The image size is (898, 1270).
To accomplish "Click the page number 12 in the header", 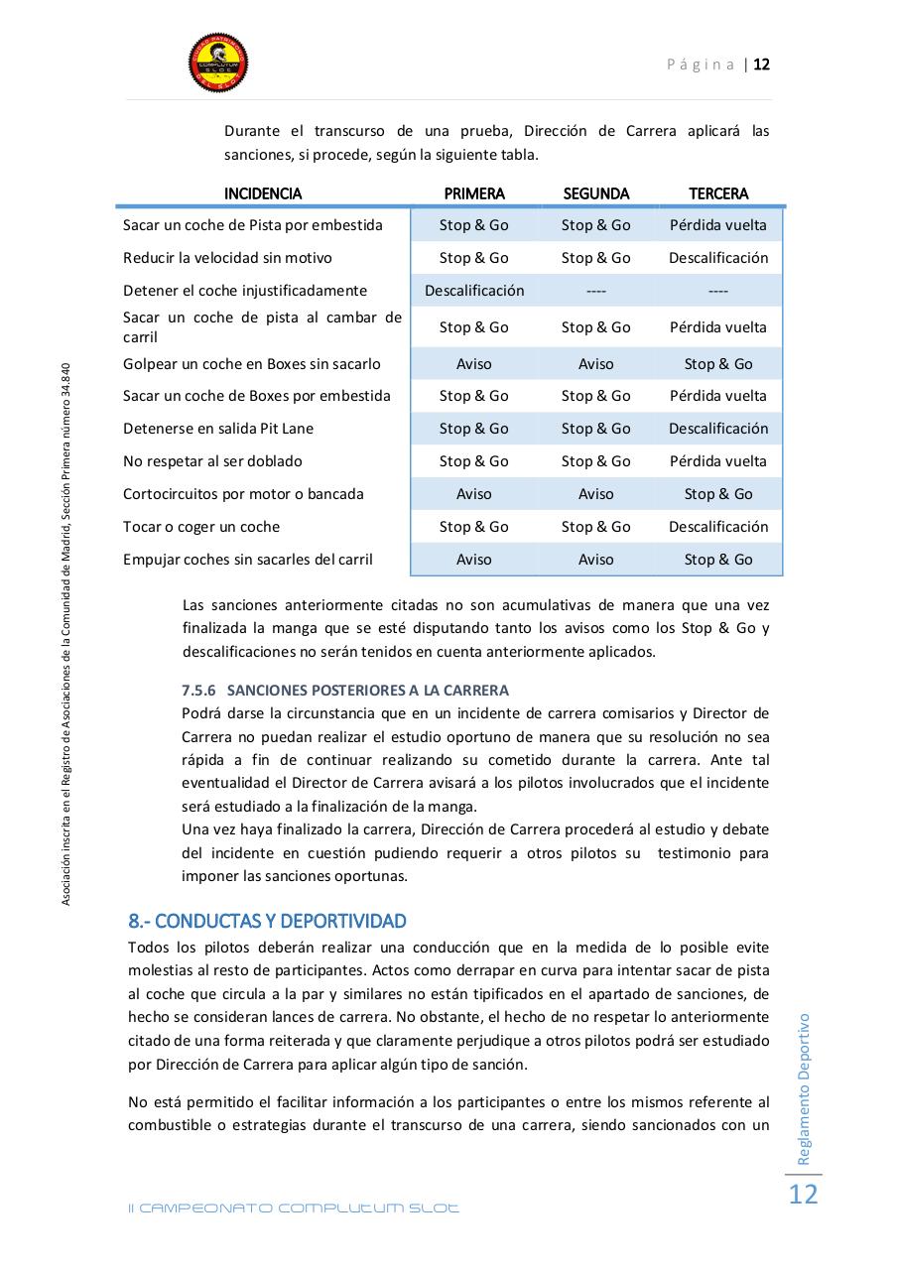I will click(761, 64).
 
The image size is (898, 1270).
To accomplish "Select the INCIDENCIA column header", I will click(263, 193).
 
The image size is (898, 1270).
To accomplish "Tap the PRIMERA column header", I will click(474, 193).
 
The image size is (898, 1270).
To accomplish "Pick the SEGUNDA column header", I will click(595, 193).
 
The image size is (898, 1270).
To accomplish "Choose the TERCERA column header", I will click(718, 193).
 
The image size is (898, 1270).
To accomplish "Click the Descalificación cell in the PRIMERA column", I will click(474, 291).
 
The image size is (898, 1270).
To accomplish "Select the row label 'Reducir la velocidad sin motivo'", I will click(227, 258).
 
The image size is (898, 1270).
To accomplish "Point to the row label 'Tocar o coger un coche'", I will click(201, 527).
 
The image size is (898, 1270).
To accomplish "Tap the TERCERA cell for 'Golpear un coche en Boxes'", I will click(718, 364).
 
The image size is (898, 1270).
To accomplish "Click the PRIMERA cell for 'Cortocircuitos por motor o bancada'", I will click(474, 494).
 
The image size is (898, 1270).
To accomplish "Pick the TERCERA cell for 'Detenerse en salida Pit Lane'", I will click(718, 429).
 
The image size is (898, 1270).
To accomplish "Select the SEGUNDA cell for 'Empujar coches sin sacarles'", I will click(595, 560).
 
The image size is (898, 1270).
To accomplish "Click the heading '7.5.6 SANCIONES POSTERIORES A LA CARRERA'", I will click(345, 691).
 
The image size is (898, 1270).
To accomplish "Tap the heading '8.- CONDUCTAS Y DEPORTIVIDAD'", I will click(267, 921).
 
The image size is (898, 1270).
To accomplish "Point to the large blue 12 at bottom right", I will click(803, 1194).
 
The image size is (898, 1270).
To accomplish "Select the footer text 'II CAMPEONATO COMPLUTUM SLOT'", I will click(294, 1208).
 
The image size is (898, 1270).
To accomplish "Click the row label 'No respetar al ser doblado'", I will click(212, 461).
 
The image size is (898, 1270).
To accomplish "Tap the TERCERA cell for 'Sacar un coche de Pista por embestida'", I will click(718, 225).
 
